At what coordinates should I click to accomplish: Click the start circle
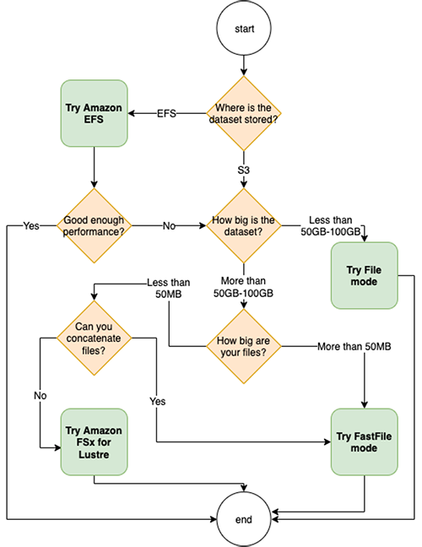[244, 28]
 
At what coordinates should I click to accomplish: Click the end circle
[244, 519]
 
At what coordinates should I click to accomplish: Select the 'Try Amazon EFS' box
[95, 113]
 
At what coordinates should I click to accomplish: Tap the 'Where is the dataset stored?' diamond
[244, 113]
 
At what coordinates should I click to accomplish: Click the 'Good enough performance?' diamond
[95, 225]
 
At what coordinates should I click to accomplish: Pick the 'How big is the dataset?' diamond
[244, 225]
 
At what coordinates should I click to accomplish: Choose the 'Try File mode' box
[365, 275]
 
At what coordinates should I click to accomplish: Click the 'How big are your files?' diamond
[244, 346]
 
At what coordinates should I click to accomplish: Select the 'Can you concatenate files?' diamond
[95, 338]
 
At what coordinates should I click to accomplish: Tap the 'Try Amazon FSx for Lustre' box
[95, 442]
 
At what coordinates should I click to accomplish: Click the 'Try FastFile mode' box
[365, 442]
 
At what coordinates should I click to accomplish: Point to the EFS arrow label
[166, 113]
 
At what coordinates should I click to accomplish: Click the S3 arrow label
[244, 170]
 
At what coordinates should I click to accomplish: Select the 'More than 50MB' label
[354, 346]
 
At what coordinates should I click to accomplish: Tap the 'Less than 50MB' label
[169, 288]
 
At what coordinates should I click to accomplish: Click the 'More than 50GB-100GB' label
[243, 287]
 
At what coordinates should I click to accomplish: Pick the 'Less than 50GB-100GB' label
[331, 225]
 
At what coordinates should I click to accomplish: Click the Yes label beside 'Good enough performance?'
[31, 225]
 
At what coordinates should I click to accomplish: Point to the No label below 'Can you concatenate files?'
[41, 396]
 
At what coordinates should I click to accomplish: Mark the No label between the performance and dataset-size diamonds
[169, 225]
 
